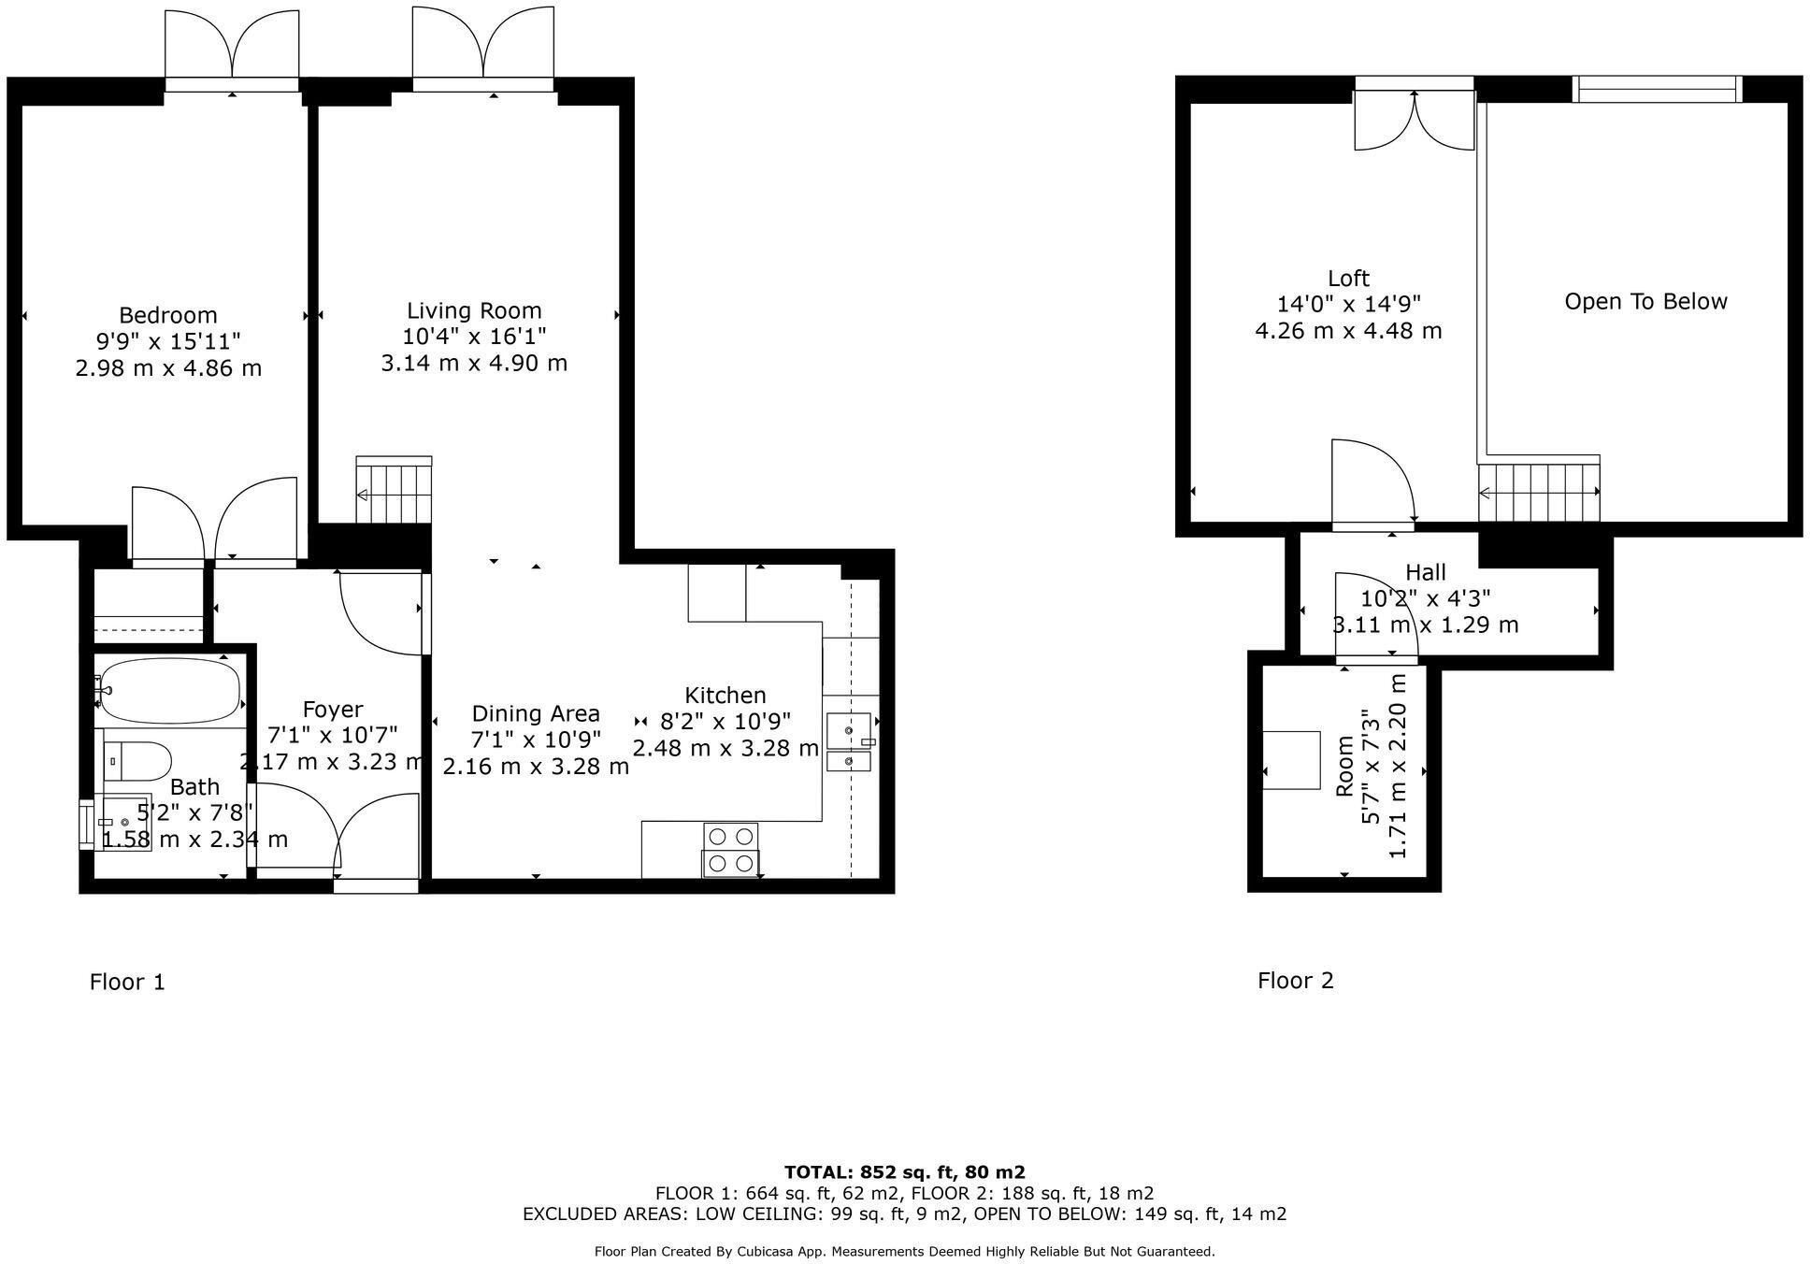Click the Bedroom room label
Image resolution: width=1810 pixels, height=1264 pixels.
tap(168, 315)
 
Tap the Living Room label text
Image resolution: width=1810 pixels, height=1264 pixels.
tap(474, 310)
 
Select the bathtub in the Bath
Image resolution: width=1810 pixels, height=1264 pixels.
tap(168, 691)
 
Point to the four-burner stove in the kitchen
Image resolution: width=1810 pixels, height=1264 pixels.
tap(730, 849)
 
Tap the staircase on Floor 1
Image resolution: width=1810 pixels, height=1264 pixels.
tap(394, 492)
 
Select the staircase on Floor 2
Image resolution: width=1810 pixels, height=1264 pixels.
tap(1538, 491)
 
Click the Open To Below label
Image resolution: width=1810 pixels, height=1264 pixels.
tap(1645, 301)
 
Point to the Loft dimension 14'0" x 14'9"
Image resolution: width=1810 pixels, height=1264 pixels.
tap(1348, 304)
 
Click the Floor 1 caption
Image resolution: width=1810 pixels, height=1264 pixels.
tap(127, 982)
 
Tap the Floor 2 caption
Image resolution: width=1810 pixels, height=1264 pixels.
tap(1295, 980)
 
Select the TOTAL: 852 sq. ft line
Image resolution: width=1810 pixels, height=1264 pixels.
tap(904, 1172)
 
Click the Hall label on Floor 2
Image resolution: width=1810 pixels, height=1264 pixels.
tap(1425, 572)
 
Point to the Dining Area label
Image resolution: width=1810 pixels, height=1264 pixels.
tap(535, 713)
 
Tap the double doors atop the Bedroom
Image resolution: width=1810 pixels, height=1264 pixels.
tap(232, 47)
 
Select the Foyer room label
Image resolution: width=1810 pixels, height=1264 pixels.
tap(332, 710)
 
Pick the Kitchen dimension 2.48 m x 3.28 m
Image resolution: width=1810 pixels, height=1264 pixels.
tap(725, 748)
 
